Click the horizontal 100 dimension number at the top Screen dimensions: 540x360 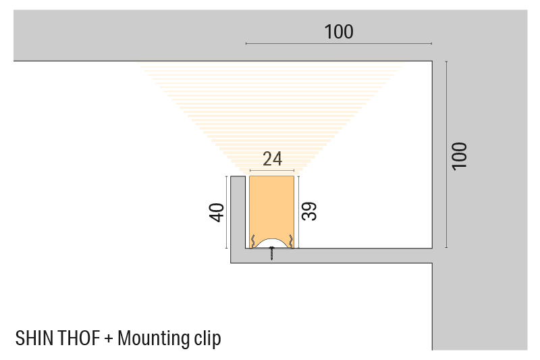339,32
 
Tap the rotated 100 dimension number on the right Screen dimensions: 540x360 460,156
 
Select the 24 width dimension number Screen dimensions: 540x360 273,159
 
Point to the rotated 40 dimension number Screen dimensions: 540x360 217,213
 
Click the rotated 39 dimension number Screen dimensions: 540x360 309,211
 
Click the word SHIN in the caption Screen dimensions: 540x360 34,338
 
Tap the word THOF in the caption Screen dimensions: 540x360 79,338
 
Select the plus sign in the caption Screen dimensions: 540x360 109,338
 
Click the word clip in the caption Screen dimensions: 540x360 207,339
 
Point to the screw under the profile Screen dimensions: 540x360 272,253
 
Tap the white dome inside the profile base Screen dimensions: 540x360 272,243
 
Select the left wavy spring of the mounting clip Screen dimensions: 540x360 252,241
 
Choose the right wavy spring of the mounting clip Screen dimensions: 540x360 291,241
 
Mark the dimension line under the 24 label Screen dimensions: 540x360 272,170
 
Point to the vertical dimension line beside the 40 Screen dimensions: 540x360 226,212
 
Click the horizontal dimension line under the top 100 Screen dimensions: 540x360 339,44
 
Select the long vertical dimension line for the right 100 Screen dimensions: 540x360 446,155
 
